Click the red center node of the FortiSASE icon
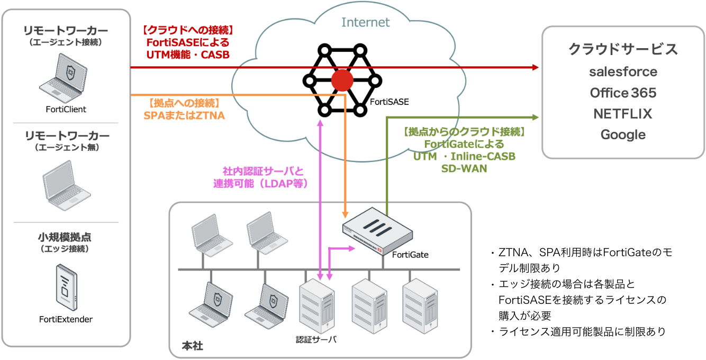pyautogui.click(x=342, y=81)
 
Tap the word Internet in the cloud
pyautogui.click(x=365, y=22)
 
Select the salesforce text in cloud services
pyautogui.click(x=623, y=71)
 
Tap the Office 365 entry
pyautogui.click(x=623, y=93)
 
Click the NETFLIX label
pyautogui.click(x=623, y=114)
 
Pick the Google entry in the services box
pyautogui.click(x=623, y=134)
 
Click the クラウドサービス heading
pyautogui.click(x=623, y=49)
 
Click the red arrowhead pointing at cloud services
pyautogui.click(x=535, y=67)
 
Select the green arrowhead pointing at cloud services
pyautogui.click(x=535, y=117)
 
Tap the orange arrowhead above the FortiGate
pyautogui.click(x=345, y=214)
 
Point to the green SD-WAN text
pyautogui.click(x=464, y=168)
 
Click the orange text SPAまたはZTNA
pyautogui.click(x=184, y=114)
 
